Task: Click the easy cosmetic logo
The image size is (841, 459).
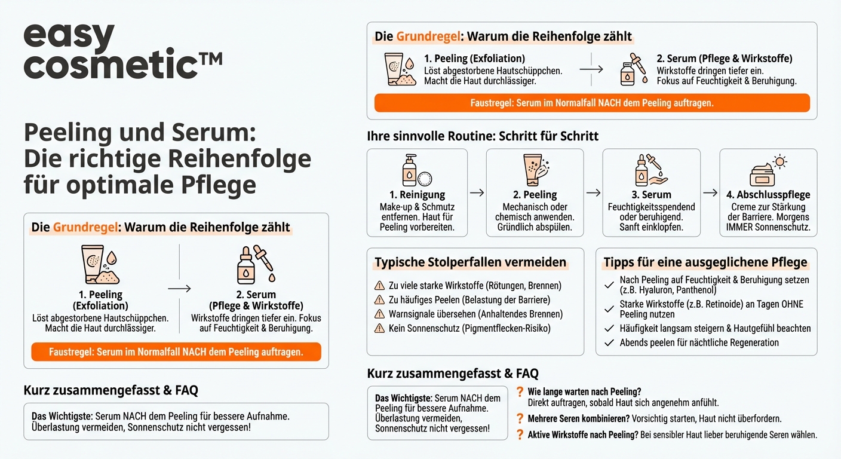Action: coord(122,51)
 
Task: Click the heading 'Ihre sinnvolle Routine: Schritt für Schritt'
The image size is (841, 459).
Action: coord(483,136)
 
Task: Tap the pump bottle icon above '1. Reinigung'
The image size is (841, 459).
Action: coord(411,170)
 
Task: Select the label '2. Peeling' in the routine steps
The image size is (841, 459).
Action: coord(535,195)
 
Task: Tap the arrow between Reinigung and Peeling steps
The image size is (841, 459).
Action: coord(477,192)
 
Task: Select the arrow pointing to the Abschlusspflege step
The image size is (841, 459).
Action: coord(710,192)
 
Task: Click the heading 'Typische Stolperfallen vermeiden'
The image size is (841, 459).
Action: coord(470,262)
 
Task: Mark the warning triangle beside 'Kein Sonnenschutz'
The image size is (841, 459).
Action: coord(379,328)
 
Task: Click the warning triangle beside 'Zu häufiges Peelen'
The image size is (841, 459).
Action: coord(379,300)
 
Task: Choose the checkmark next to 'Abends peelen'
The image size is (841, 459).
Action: coord(609,343)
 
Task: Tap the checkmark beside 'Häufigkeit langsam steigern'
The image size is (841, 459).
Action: coord(609,328)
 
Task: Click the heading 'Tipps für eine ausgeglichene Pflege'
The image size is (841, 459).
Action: coord(705,262)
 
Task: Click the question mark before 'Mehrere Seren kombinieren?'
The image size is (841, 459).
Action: coord(520,419)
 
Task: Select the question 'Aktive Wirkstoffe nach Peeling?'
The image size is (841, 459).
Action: coord(582,435)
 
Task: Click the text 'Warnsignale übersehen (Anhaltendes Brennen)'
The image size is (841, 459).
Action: coord(475,314)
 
